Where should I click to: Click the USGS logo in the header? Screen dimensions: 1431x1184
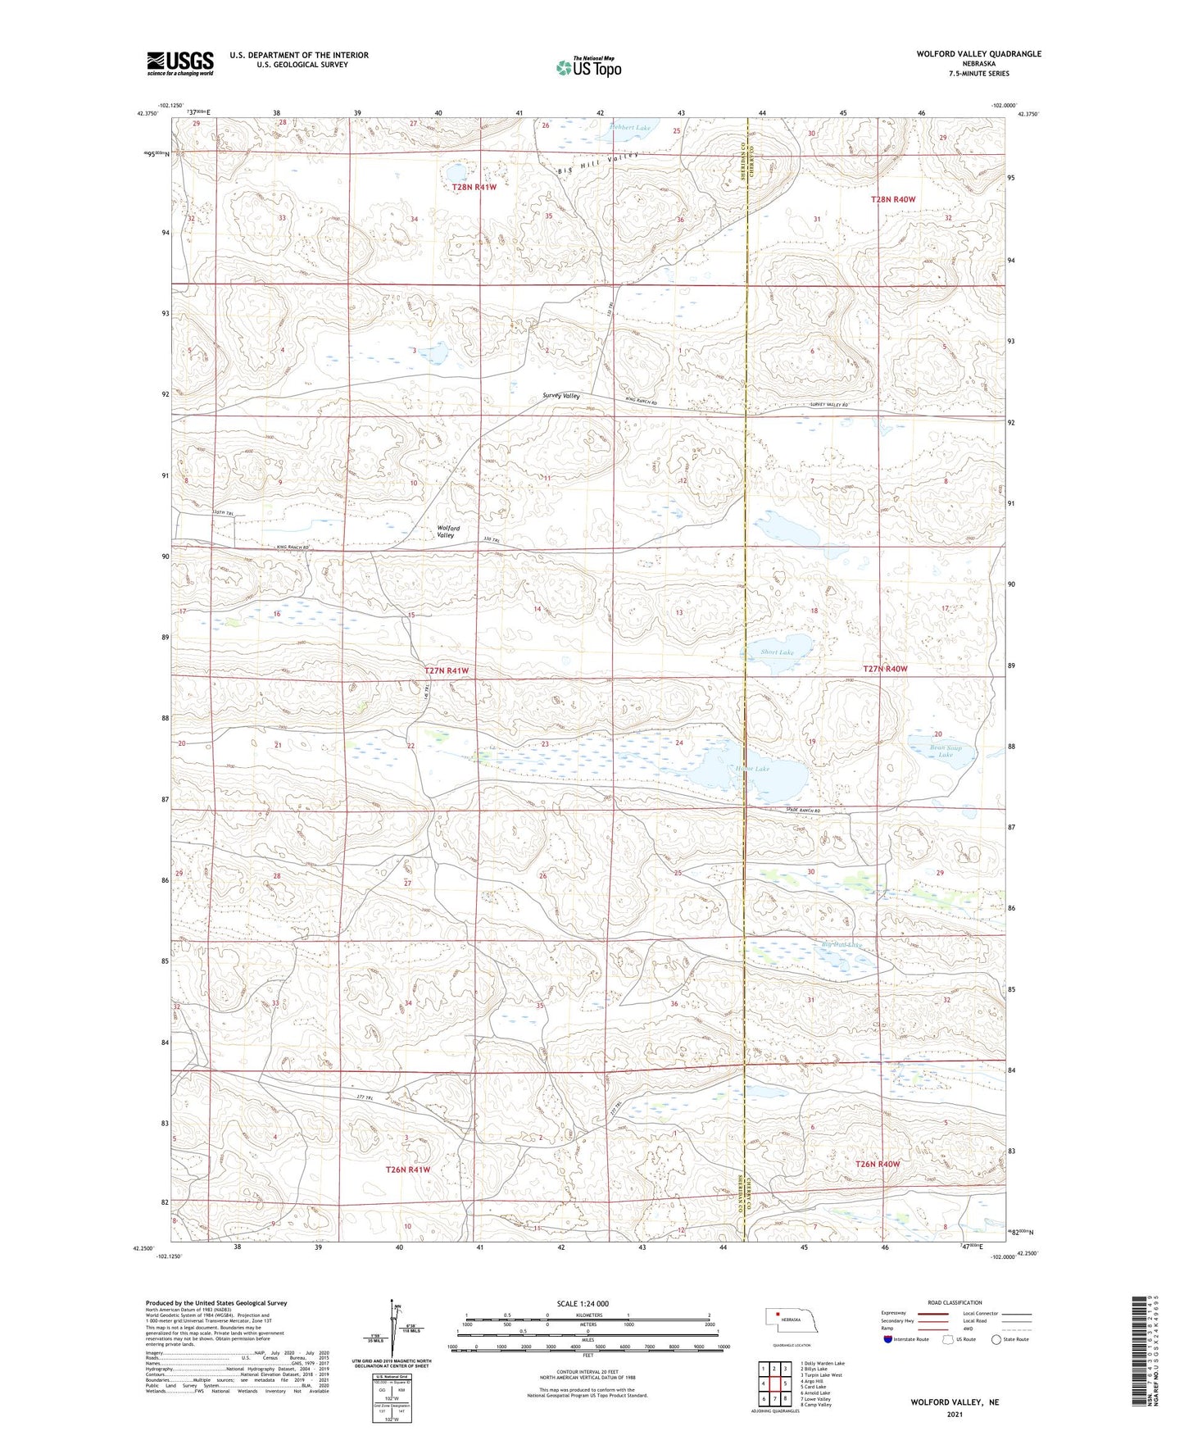point(180,63)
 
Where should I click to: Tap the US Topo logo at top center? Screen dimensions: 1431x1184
point(588,67)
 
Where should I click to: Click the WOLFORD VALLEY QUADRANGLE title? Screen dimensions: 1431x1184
point(978,54)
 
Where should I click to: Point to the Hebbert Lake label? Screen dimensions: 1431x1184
point(630,128)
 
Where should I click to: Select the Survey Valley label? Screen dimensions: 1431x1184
point(560,396)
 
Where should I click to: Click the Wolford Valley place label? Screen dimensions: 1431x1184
point(447,532)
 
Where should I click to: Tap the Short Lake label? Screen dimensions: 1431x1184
point(776,652)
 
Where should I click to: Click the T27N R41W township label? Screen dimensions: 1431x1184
point(447,670)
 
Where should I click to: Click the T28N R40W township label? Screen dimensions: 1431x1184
point(892,199)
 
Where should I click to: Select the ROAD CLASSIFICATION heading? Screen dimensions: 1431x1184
point(955,1302)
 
